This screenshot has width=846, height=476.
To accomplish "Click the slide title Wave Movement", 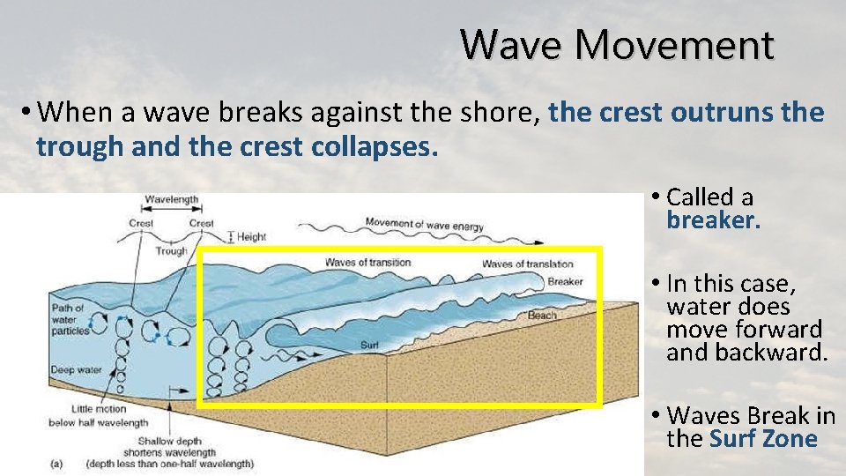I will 617,44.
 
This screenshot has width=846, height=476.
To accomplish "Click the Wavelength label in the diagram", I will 172,200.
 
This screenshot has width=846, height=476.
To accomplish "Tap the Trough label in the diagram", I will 172,251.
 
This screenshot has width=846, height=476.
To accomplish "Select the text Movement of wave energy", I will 424,224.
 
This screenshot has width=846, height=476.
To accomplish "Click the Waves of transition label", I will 367,263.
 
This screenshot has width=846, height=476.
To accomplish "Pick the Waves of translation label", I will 527,264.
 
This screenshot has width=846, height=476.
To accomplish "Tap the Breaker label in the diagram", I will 565,282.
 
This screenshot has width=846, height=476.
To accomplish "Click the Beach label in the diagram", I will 542,316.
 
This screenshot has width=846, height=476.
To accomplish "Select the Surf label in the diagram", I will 369,344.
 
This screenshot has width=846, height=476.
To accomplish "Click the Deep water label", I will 75,370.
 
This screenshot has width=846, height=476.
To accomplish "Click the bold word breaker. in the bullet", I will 713,219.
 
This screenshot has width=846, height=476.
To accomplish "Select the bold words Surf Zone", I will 763,439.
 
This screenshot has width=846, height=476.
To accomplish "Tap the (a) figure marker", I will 56,463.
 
